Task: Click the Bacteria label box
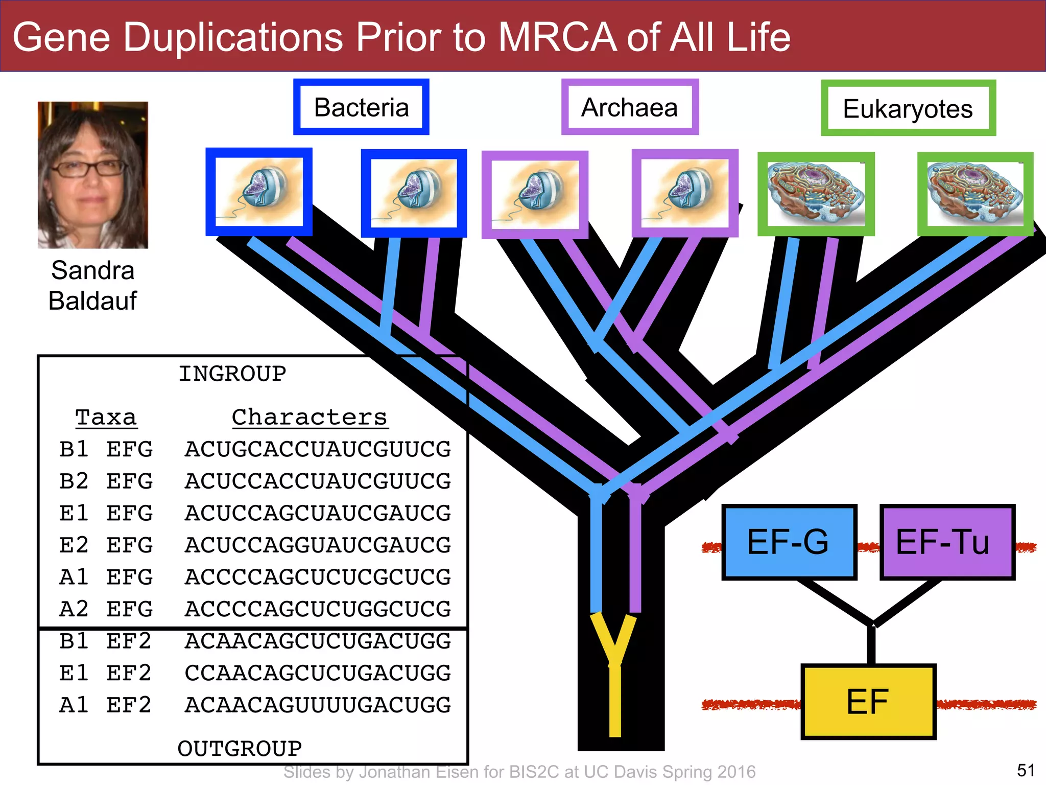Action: [361, 107]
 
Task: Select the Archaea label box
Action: [630, 107]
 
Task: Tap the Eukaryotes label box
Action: [908, 108]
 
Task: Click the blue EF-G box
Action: [789, 542]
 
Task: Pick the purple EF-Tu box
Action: [946, 542]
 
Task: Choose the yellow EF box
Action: [868, 701]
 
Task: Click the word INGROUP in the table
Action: [232, 374]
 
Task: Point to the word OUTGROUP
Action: [240, 749]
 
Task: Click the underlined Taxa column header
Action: [106, 418]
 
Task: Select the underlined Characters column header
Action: [310, 418]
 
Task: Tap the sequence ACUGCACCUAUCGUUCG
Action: [318, 449]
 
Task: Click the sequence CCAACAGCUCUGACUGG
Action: [318, 673]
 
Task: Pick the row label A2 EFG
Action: [106, 609]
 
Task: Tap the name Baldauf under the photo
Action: [92, 301]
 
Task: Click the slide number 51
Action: [1026, 770]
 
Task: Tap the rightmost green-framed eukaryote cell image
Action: [975, 194]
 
